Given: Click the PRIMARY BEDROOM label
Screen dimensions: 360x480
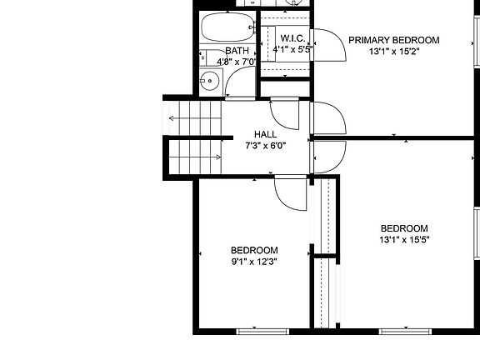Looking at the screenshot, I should pyautogui.click(x=393, y=40).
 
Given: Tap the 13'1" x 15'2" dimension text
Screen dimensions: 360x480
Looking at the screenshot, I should pyautogui.click(x=393, y=51).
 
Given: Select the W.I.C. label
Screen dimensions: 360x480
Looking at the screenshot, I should pyautogui.click(x=292, y=38).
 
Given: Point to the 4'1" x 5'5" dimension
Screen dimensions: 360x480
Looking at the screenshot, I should pyautogui.click(x=292, y=49).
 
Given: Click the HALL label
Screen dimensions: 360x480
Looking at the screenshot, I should pyautogui.click(x=266, y=134).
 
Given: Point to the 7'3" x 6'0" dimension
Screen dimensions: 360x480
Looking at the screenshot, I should pyautogui.click(x=266, y=145).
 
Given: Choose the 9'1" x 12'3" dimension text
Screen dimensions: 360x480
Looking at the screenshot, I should pyautogui.click(x=254, y=261).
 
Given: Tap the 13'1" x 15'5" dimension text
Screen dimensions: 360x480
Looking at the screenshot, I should pyautogui.click(x=404, y=240).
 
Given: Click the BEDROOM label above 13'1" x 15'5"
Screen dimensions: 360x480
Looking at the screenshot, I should pyautogui.click(x=404, y=229).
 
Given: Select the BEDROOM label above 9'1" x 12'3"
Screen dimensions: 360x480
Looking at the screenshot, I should pyautogui.click(x=254, y=250).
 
